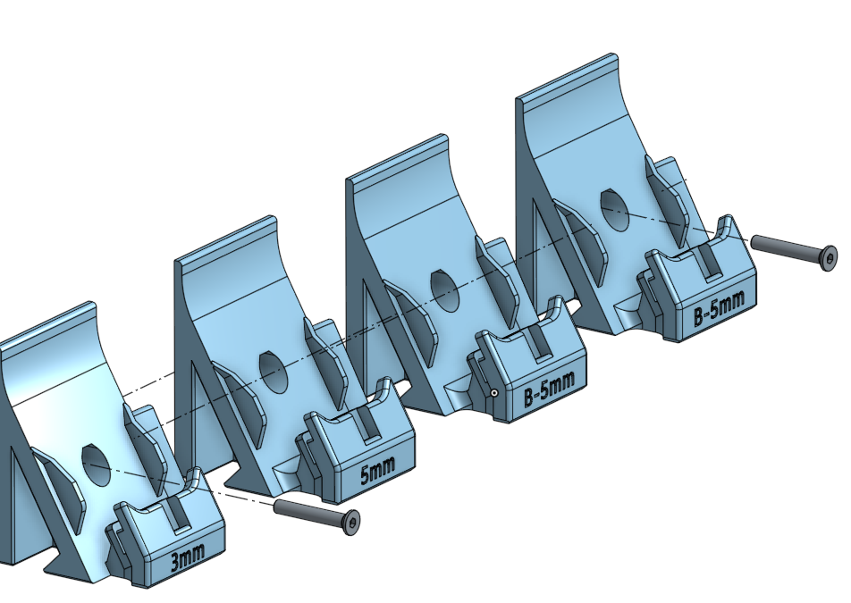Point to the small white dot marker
tap(493, 392)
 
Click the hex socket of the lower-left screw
tap(355, 523)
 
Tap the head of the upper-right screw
tap(828, 257)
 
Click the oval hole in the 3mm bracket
tap(97, 464)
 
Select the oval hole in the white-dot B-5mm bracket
tap(444, 287)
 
